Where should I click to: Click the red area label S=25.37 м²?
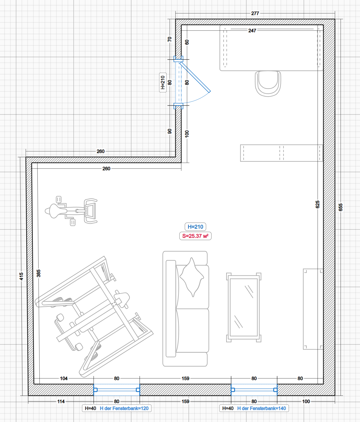pyautogui.click(x=195, y=236)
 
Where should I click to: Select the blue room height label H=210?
pyautogui.click(x=195, y=227)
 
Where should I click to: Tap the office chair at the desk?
pyautogui.click(x=268, y=84)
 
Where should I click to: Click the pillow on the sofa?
pyautogui.click(x=192, y=277)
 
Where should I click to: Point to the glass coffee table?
pyautogui.click(x=244, y=308)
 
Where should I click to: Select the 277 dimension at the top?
pyautogui.click(x=255, y=14)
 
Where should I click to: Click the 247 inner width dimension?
pyautogui.click(x=252, y=31)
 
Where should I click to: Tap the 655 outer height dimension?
pyautogui.click(x=340, y=207)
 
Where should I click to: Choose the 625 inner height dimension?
pyautogui.click(x=317, y=204)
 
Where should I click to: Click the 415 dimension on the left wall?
pyautogui.click(x=21, y=277)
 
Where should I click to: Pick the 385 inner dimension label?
pyautogui.click(x=39, y=273)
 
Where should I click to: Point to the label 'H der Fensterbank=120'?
pyautogui.click(x=124, y=408)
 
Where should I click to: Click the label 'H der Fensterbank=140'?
pyautogui.click(x=262, y=408)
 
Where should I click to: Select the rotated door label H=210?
pyautogui.click(x=163, y=83)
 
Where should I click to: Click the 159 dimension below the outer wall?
pyautogui.click(x=185, y=401)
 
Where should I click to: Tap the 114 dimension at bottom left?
pyautogui.click(x=61, y=401)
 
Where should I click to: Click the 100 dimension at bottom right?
pyautogui.click(x=306, y=401)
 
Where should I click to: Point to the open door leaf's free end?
pyautogui.click(x=210, y=91)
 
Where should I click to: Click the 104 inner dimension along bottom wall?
pyautogui.click(x=64, y=378)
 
